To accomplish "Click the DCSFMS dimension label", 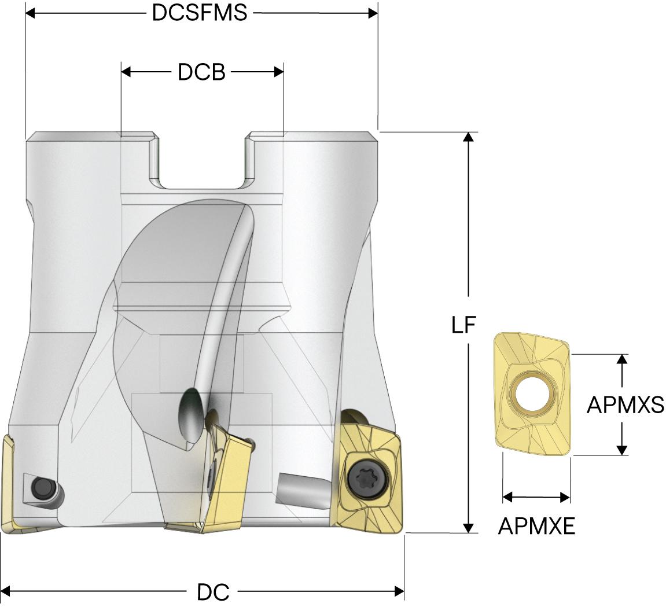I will (200, 13).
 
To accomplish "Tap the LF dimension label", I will (463, 326).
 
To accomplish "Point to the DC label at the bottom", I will (213, 592).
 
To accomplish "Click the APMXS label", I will (625, 405).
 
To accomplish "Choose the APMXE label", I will (536, 526).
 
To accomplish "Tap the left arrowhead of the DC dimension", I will (7, 591).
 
